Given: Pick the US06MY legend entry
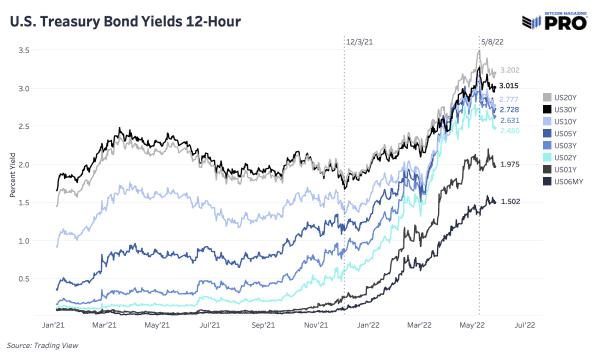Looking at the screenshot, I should [x=564, y=180].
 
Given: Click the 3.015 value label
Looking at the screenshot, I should [x=512, y=87].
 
